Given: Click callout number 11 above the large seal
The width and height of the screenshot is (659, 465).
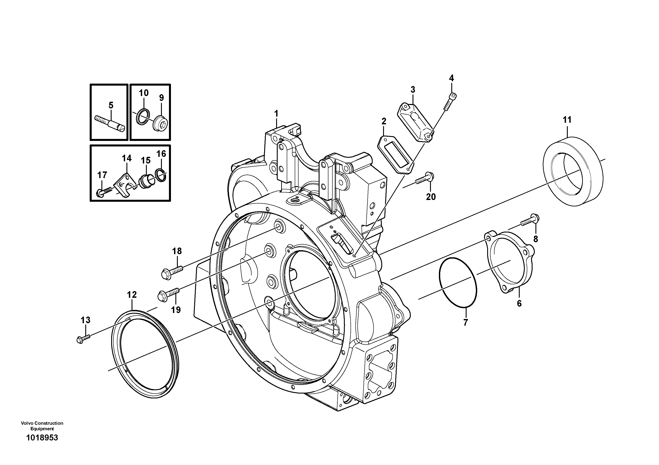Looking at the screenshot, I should (567, 119).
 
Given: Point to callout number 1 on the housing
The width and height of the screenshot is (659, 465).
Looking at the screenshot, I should (276, 114).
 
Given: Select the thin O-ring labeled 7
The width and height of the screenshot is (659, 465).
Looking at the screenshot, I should (458, 282).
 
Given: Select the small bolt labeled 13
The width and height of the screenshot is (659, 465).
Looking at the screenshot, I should (83, 338).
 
